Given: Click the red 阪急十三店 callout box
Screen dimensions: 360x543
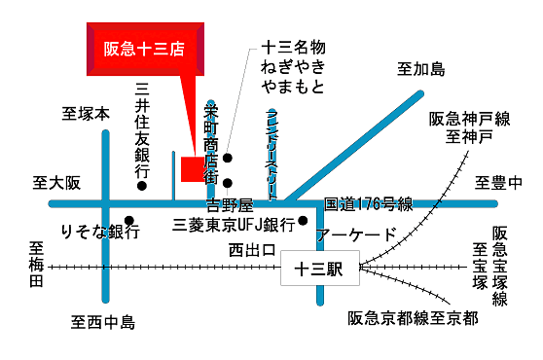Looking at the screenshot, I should [x=145, y=46].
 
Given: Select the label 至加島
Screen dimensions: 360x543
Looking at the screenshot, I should [x=420, y=69].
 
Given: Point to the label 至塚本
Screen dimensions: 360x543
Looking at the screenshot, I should [x=86, y=113].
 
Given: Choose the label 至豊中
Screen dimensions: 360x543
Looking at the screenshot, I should [x=499, y=182].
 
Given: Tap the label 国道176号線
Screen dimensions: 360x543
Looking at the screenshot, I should [x=368, y=204].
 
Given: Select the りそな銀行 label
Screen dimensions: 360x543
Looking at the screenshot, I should [x=99, y=233].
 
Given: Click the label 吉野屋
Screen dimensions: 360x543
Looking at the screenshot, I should [x=231, y=206].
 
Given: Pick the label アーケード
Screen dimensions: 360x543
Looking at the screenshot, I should [x=357, y=234].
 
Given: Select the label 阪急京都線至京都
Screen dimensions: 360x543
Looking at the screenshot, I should [x=413, y=318].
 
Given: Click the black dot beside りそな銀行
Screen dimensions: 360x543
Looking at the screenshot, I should [x=129, y=220].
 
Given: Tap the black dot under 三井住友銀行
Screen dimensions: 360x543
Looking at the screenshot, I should [x=142, y=186].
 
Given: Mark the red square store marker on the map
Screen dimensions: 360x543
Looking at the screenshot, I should [x=193, y=167].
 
